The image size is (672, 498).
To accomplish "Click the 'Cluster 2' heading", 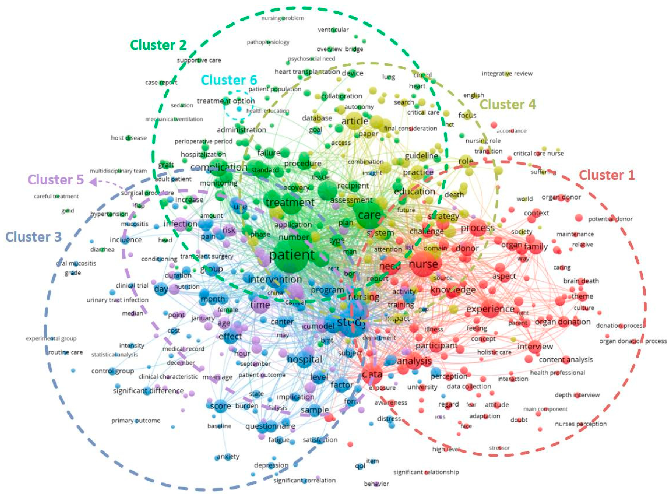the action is [x=158, y=45].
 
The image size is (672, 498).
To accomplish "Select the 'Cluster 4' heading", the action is [x=508, y=105].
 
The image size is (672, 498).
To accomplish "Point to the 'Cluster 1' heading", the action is [x=607, y=175].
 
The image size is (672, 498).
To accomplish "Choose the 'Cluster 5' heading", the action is [x=55, y=180].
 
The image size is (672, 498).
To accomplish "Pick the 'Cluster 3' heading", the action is [x=33, y=237].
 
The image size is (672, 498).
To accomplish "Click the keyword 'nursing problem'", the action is [x=283, y=18].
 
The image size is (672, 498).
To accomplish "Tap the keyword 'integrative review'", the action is [x=507, y=74].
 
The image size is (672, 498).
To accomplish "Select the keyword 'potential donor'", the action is [x=610, y=219].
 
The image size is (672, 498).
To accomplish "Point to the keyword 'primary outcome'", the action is [x=136, y=421].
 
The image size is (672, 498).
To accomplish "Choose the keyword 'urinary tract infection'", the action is [x=117, y=300].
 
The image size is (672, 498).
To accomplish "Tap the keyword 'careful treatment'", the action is [x=56, y=197].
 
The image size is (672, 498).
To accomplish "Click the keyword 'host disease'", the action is [x=129, y=138].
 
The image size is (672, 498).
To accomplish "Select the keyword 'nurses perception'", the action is [x=581, y=424].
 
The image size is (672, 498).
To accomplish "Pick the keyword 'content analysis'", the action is [x=566, y=360].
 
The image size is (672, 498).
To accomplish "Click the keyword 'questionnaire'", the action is [x=270, y=426].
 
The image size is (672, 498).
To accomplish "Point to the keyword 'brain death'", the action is [x=581, y=281].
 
